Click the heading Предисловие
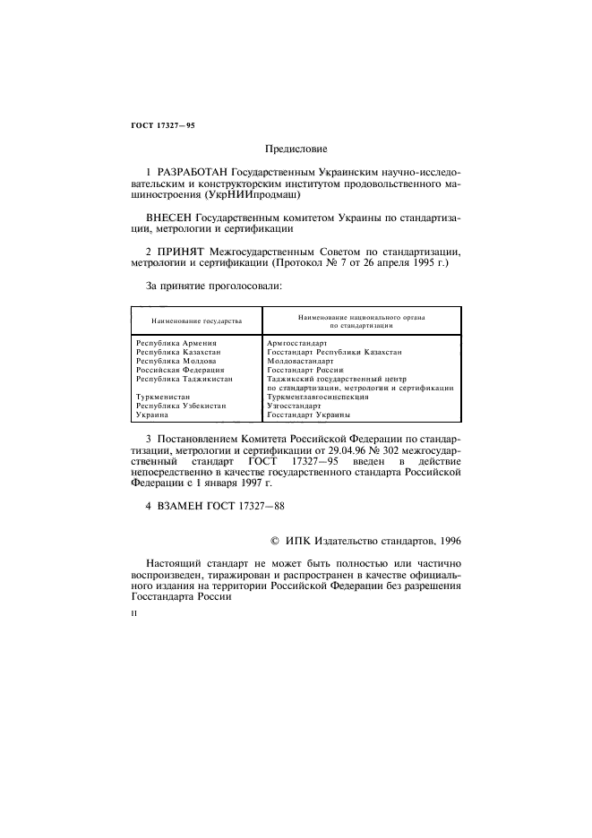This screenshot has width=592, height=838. click(x=296, y=149)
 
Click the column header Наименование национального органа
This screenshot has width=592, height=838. click(x=362, y=316)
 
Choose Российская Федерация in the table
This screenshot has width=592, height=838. click(x=179, y=370)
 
